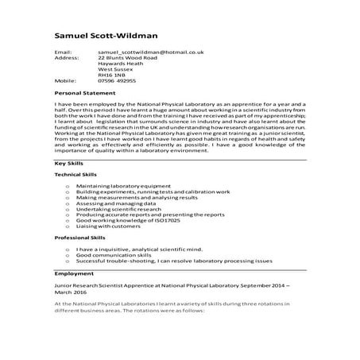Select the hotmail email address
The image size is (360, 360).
click(151, 52)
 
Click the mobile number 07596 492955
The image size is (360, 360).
click(117, 80)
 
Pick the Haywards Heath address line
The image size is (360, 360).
click(122, 66)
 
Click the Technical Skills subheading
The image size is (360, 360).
click(75, 174)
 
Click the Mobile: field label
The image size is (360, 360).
click(64, 80)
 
